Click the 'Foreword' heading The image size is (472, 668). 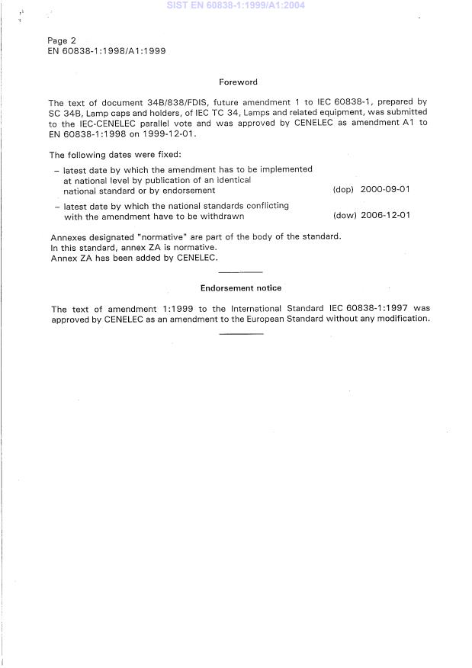click(x=238, y=82)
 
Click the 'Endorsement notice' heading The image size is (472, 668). click(x=240, y=288)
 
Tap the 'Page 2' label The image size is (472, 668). click(x=62, y=40)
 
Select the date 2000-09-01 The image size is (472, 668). click(x=385, y=191)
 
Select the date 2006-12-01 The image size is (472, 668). click(x=385, y=216)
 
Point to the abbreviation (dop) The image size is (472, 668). click(x=344, y=191)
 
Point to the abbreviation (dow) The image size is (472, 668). click(x=345, y=216)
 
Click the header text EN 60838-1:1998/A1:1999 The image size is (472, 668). click(x=107, y=51)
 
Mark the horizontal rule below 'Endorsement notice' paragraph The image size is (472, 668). click(x=241, y=334)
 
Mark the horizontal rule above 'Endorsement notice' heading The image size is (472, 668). click(x=240, y=272)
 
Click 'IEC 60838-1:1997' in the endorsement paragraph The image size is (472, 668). click(x=370, y=309)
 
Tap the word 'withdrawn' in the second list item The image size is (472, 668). click(x=223, y=216)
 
